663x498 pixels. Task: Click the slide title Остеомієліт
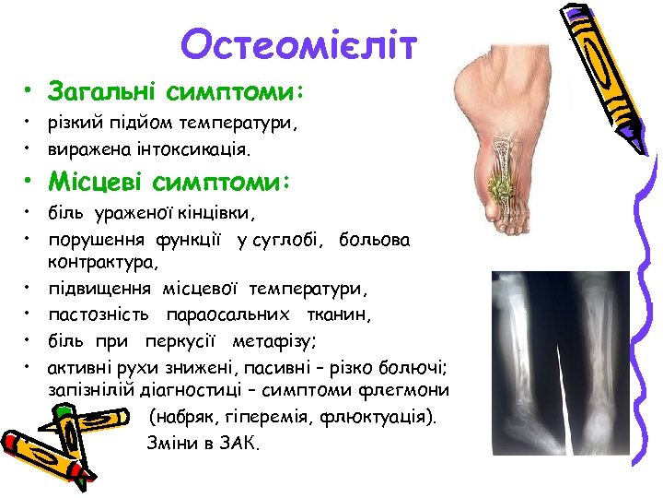[299, 44]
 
